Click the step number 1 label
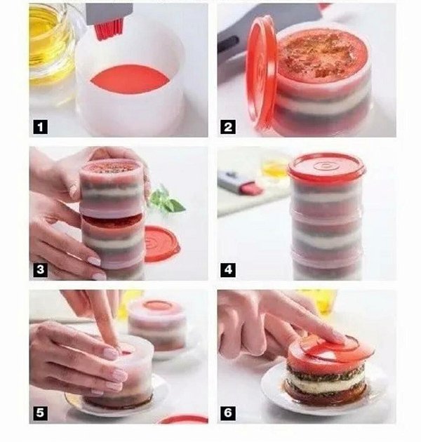click(41, 127)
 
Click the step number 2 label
click(229, 127)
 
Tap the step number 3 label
click(41, 269)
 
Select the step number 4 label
click(229, 269)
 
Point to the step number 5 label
click(41, 413)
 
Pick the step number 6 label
click(229, 413)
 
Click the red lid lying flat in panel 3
click(163, 243)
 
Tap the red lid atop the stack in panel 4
click(326, 167)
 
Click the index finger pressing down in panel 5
click(105, 319)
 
